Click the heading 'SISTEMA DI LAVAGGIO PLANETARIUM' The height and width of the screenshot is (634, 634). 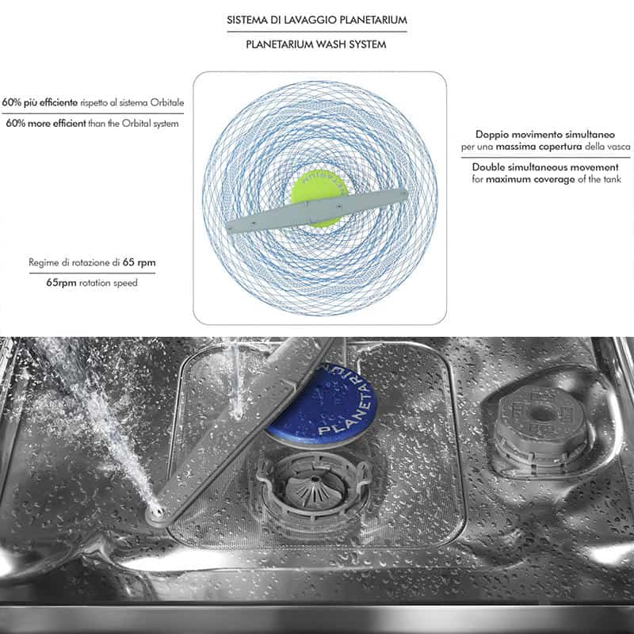(x=316, y=20)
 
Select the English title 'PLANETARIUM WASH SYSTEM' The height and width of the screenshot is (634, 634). (x=316, y=44)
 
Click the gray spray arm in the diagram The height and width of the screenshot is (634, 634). (x=317, y=210)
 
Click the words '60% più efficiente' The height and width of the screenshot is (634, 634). (x=40, y=102)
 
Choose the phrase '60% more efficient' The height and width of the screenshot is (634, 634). (x=46, y=124)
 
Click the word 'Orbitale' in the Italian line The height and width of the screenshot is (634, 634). (x=167, y=102)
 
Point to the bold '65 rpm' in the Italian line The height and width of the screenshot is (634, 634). (x=139, y=262)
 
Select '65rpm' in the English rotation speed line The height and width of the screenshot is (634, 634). (x=61, y=283)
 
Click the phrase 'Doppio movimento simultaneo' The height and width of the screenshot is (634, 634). (x=545, y=134)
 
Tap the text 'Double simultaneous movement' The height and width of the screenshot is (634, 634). (x=545, y=167)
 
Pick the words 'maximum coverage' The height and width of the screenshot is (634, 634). (x=530, y=179)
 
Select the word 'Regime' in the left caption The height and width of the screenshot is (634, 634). (x=44, y=263)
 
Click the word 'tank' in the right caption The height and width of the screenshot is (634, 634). (x=613, y=179)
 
